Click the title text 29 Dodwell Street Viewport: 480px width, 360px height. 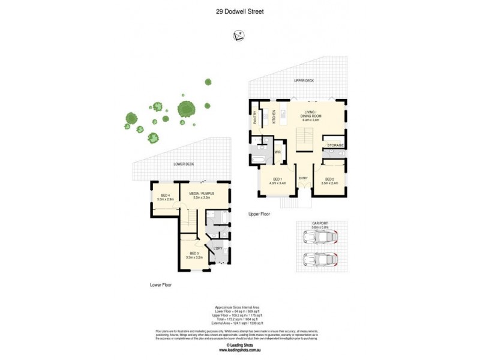point(239,10)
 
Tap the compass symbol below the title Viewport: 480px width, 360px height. point(238,37)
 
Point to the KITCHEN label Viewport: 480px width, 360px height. point(274,116)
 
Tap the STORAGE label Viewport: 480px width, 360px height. point(335,145)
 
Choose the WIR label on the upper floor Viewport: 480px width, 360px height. point(278,152)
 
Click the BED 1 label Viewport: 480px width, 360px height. point(277,179)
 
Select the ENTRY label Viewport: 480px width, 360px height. point(303,178)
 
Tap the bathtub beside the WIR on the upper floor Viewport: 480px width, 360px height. point(258,158)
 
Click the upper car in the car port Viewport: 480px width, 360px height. point(320,238)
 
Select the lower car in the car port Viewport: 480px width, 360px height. point(320,260)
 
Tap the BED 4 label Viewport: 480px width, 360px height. point(164,196)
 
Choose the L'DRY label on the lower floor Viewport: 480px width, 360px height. point(218,248)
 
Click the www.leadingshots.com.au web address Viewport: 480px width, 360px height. point(239,350)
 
